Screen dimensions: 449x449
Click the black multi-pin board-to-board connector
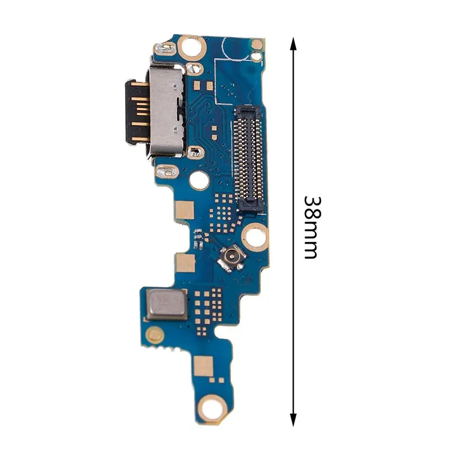click(x=247, y=154)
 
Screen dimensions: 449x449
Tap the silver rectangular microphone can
click(x=168, y=305)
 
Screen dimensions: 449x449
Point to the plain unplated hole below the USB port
click(x=198, y=180)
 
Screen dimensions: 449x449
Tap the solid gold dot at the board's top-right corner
click(x=257, y=44)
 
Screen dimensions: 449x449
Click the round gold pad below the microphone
click(x=154, y=336)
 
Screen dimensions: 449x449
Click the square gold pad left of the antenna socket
click(x=184, y=262)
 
